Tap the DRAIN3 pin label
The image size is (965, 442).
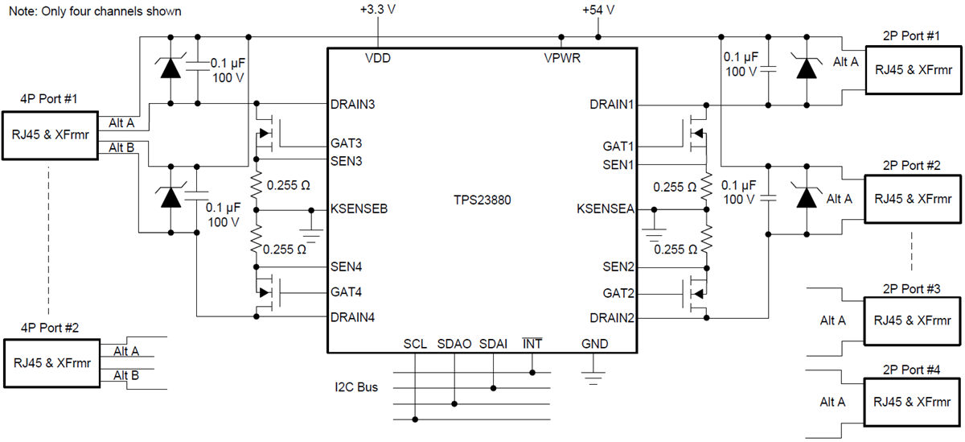pyautogui.click(x=352, y=105)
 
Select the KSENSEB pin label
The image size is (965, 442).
pyautogui.click(x=359, y=209)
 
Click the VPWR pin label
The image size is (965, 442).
pyautogui.click(x=562, y=59)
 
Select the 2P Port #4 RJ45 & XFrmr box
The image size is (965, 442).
pyautogui.click(x=913, y=401)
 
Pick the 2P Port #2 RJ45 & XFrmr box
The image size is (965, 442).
pyautogui.click(x=913, y=198)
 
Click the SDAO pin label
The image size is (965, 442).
pyautogui.click(x=454, y=345)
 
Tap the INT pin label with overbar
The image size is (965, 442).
pyautogui.click(x=532, y=345)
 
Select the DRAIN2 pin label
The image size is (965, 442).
pyautogui.click(x=612, y=317)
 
